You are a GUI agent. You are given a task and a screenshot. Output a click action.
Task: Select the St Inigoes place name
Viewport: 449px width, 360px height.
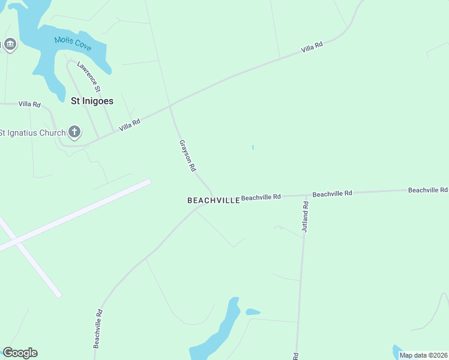92,101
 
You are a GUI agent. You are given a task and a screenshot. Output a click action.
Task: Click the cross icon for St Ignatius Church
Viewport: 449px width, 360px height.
74,131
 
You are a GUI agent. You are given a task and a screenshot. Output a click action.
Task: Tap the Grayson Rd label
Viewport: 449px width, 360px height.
187,156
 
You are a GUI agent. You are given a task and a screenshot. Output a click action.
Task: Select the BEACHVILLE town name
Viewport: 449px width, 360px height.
214,200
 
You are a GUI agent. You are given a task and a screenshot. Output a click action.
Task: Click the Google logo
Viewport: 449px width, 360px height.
20,353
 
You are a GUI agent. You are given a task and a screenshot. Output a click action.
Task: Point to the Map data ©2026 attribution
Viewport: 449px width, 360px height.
423,355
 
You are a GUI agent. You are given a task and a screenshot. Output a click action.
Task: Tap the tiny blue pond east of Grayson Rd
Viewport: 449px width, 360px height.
253,147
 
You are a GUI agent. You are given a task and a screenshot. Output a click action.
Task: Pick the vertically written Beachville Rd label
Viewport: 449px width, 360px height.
98,329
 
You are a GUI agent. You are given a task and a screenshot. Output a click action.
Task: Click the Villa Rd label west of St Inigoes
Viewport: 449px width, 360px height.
29,104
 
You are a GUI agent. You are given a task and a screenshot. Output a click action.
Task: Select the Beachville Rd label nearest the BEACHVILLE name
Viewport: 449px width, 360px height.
261,197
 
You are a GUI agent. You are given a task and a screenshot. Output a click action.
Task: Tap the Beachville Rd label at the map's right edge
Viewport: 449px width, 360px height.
427,190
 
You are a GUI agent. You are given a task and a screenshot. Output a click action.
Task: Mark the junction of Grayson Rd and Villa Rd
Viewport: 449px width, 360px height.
170,107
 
